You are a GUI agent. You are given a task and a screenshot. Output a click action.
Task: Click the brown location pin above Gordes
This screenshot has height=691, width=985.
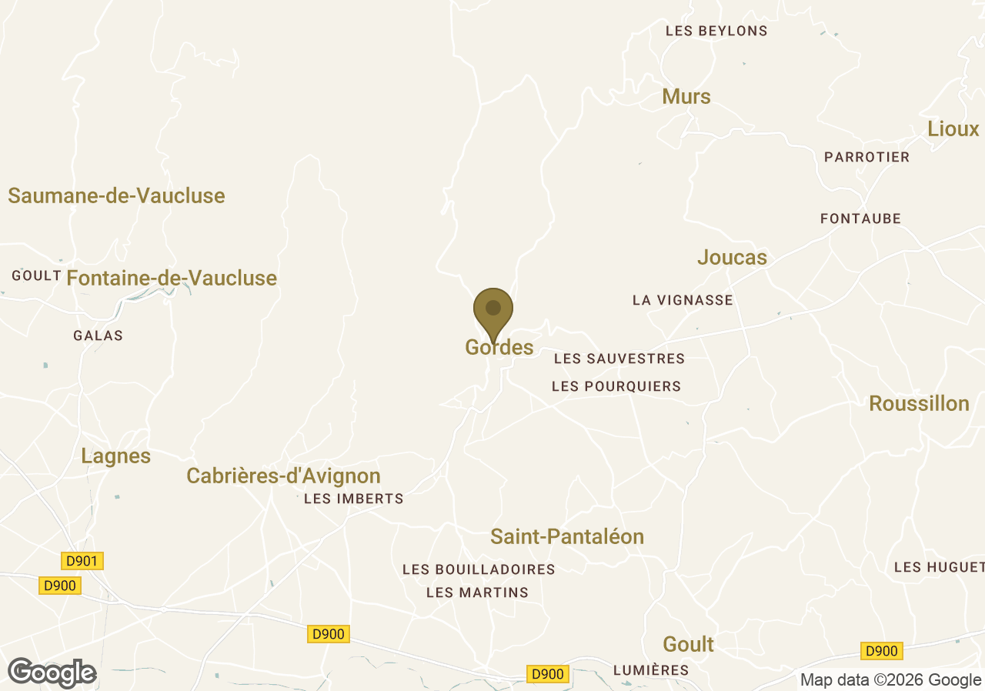pyautogui.click(x=493, y=310)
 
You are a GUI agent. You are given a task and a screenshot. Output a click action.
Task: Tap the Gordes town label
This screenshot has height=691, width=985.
pyautogui.click(x=499, y=348)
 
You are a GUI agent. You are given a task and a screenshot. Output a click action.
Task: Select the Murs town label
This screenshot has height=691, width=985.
pyautogui.click(x=686, y=97)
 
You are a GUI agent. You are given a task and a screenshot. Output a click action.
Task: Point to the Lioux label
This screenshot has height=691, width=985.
pyautogui.click(x=953, y=129)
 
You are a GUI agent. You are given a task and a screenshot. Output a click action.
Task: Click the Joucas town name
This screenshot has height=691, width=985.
pyautogui.click(x=732, y=258)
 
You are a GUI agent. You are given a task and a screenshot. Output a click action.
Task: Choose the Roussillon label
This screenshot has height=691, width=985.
pyautogui.click(x=919, y=404)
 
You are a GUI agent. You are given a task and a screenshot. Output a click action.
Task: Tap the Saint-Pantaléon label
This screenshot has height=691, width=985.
pyautogui.click(x=567, y=537)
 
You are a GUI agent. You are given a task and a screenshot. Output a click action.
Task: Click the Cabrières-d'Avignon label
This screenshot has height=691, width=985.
pyautogui.click(x=283, y=476)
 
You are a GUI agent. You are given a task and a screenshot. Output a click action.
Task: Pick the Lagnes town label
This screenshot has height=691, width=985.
pyautogui.click(x=116, y=456)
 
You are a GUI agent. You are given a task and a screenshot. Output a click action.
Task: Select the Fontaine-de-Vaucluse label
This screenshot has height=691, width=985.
pyautogui.click(x=172, y=278)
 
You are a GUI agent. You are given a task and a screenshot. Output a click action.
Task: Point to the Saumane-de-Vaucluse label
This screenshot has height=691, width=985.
pyautogui.click(x=116, y=195)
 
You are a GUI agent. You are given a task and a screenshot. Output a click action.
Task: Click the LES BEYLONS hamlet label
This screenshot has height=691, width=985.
pyautogui.click(x=716, y=32)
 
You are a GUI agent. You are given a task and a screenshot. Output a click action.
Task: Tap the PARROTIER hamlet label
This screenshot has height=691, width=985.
pyautogui.click(x=866, y=157)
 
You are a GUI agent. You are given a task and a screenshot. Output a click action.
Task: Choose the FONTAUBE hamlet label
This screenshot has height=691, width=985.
pyautogui.click(x=860, y=219)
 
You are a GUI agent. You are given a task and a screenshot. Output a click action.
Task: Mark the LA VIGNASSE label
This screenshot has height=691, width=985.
pyautogui.click(x=683, y=300)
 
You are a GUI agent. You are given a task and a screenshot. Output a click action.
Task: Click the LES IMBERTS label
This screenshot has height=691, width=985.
pyautogui.click(x=353, y=499)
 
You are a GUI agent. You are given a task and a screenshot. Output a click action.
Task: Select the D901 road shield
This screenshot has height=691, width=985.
pyautogui.click(x=82, y=561)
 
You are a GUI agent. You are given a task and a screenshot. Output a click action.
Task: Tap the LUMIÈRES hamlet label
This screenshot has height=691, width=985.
pyautogui.click(x=651, y=670)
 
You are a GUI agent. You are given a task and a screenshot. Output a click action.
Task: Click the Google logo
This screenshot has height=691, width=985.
pyautogui.click(x=52, y=673)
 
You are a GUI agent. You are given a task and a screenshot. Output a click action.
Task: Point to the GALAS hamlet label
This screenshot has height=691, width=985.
pyautogui.click(x=98, y=335)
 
